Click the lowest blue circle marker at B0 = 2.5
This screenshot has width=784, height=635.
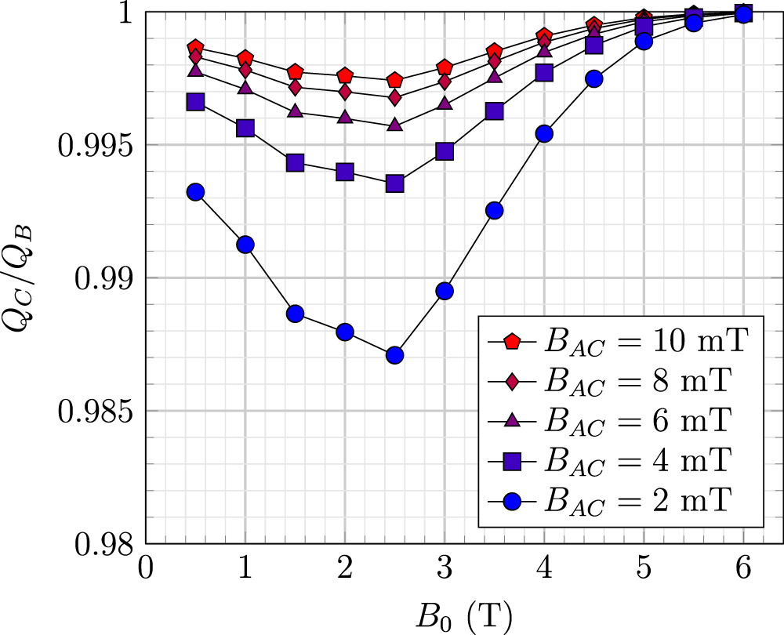pyautogui.click(x=395, y=355)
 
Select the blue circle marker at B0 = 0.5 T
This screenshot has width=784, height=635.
pyautogui.click(x=195, y=192)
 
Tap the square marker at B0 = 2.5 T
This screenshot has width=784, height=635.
pyautogui.click(x=395, y=183)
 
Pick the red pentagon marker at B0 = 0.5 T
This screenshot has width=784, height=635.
pyautogui.click(x=195, y=48)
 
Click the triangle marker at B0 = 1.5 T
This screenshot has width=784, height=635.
pyautogui.click(x=295, y=111)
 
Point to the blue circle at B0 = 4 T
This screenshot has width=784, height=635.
pyautogui.click(x=544, y=134)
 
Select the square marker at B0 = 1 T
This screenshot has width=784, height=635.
pyautogui.click(x=245, y=128)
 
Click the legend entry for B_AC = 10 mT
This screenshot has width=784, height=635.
pyautogui.click(x=619, y=342)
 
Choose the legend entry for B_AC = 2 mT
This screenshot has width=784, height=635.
pyautogui.click(x=619, y=499)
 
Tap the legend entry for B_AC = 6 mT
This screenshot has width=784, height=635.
pyautogui.click(x=619, y=420)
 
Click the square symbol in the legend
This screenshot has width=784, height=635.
pyautogui.click(x=511, y=460)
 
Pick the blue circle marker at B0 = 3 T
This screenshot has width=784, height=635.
pyautogui.click(x=445, y=291)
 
